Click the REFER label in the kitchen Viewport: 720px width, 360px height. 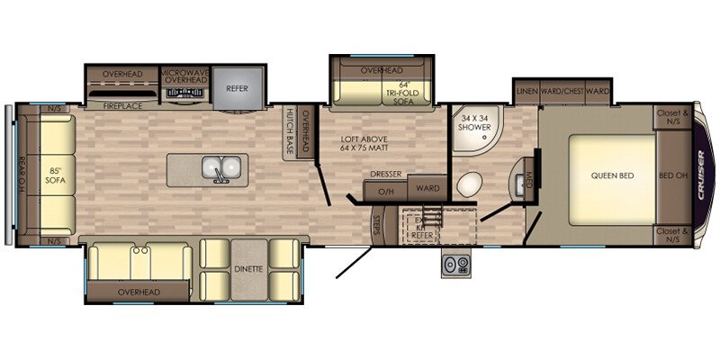pos(237,88)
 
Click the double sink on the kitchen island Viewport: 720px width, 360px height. pos(220,167)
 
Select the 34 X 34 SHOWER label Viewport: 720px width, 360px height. pos(475,123)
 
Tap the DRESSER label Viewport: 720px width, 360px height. pos(384,175)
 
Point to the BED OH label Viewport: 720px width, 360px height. pos(672,175)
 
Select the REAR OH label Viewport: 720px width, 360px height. pos(22,171)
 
